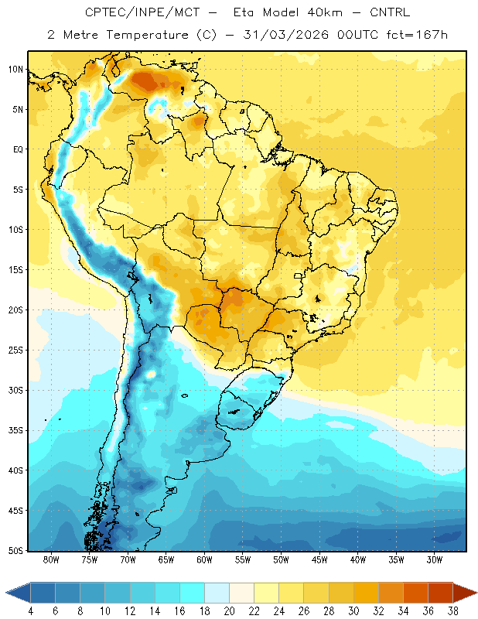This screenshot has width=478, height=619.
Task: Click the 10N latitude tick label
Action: [16, 70]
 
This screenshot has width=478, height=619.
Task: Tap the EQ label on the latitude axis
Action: [19, 149]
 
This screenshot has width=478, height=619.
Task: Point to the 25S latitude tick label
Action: [16, 351]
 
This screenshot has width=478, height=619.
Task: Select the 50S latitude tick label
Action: [16, 551]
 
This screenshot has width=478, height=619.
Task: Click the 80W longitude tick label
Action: [51, 559]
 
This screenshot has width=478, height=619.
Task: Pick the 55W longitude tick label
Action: [243, 559]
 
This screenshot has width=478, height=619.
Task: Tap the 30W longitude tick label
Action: [434, 559]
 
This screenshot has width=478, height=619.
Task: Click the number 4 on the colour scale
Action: [30, 611]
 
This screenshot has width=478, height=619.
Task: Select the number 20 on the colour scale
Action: [229, 611]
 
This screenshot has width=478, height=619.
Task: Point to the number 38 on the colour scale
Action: [452, 611]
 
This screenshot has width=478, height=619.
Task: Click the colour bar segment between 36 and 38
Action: [440, 593]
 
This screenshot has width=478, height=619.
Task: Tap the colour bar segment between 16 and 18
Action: [193, 593]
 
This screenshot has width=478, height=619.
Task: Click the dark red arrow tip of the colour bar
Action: [464, 593]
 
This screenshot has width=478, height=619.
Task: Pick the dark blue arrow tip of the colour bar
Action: [18, 593]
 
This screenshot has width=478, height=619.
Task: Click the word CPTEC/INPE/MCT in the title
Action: [142, 12]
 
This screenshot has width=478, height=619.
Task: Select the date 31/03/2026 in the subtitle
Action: [285, 35]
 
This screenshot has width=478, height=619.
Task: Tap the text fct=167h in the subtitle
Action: [417, 35]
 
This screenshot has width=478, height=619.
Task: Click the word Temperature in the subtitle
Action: [147, 36]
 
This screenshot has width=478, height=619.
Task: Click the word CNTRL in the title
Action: [390, 12]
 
